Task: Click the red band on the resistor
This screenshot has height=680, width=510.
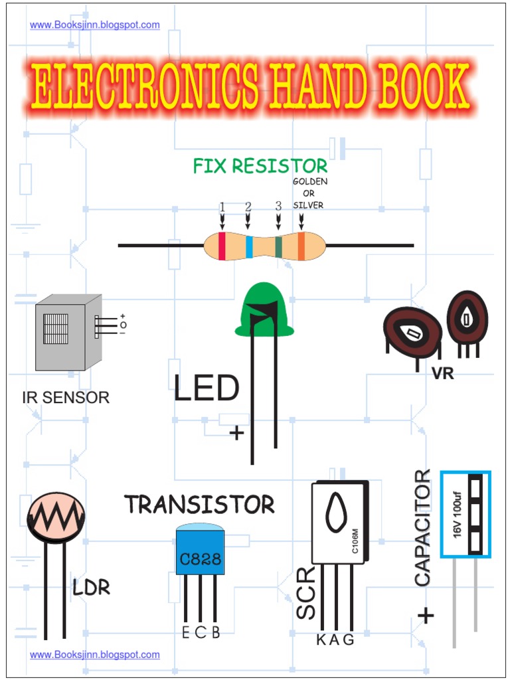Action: click(222, 246)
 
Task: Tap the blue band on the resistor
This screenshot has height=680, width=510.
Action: click(249, 246)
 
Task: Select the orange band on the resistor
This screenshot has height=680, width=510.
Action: click(301, 246)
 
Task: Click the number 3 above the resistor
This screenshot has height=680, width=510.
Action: click(278, 207)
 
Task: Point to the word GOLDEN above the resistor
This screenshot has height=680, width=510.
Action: click(310, 182)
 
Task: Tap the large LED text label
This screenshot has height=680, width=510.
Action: click(206, 388)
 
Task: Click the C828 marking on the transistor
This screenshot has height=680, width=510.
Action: click(201, 558)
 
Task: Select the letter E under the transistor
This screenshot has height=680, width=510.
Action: click(186, 633)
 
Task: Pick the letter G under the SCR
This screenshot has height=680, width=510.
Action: click(349, 639)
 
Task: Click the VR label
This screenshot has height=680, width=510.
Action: click(443, 373)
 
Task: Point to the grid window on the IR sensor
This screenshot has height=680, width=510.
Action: click(56, 329)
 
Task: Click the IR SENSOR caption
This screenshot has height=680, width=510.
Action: click(66, 397)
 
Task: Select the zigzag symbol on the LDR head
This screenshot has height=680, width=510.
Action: click(56, 515)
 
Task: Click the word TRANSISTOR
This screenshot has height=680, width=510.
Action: click(199, 504)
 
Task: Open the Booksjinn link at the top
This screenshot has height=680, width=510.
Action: click(94, 25)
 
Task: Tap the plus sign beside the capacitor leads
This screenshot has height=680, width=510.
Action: click(426, 615)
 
